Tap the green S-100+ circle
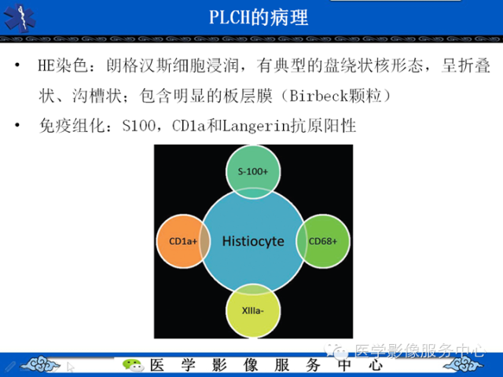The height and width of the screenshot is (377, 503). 253,170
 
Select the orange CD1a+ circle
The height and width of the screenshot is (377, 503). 181,241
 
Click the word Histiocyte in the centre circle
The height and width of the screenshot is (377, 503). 252,241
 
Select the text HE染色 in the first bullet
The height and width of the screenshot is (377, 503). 65,68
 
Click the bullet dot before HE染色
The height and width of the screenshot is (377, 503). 17,68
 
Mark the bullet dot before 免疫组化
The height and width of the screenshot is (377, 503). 17,124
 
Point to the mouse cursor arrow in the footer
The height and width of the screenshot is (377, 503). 71,366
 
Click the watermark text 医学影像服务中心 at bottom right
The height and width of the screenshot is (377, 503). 420,351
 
